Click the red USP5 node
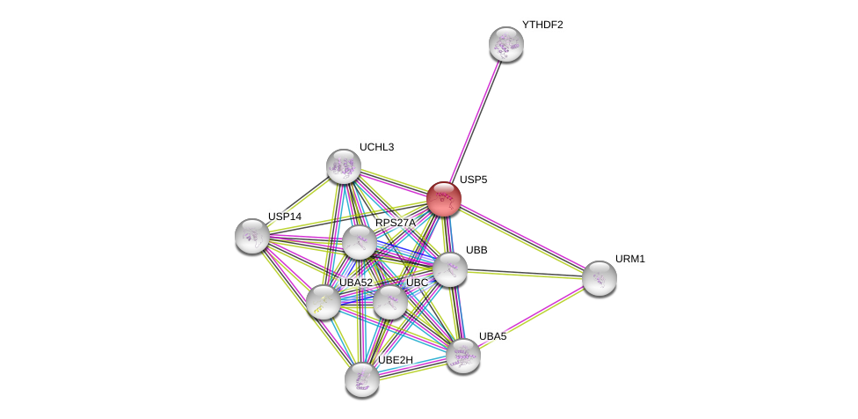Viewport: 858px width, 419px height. pos(444,199)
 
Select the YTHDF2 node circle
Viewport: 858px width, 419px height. pos(506,44)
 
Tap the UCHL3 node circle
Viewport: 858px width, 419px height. pos(344,166)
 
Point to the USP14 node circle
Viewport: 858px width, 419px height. pos(252,236)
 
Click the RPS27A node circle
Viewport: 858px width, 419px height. pos(359,242)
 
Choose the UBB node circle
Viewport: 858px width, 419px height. pos(450,269)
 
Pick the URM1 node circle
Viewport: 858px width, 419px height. pos(600,278)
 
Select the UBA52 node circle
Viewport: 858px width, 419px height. pos(324,302)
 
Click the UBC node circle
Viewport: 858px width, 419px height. pos(390,302)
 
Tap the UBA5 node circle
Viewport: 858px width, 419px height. pos(463,356)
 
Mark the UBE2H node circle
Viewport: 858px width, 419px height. pos(362,379)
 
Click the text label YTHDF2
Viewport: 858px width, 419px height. pos(542,25)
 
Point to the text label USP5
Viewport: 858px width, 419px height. pos(473,180)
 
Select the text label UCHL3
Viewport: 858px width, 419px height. pos(376,147)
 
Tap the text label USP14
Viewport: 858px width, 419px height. pos(285,217)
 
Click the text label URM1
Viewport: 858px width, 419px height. pos(629,259)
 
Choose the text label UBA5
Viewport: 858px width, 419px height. pos(492,336)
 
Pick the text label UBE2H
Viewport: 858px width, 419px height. pos(395,360)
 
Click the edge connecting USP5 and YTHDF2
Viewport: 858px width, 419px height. pos(476,121)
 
